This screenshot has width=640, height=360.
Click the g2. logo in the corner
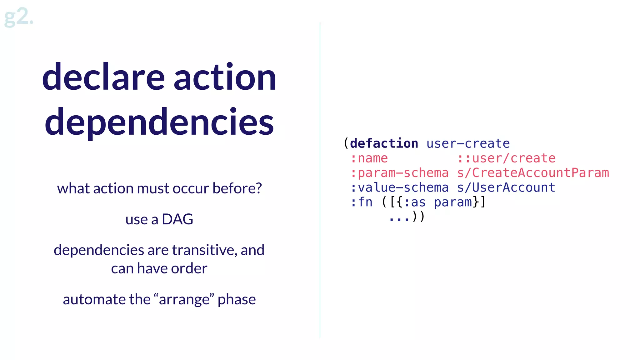click(18, 17)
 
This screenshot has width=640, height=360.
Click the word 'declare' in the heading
click(103, 77)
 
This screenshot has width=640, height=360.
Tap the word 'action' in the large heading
click(225, 77)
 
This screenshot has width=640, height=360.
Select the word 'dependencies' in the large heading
click(159, 122)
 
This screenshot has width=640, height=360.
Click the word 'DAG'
click(177, 219)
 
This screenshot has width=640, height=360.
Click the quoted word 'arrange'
click(184, 299)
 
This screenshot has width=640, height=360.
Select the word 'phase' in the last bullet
click(237, 299)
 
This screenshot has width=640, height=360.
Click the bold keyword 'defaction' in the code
click(384, 143)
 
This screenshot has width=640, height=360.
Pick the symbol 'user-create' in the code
click(468, 143)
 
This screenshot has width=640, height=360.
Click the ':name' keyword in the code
click(369, 158)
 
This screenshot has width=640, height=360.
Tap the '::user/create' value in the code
click(506, 158)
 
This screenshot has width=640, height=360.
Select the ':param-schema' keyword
click(399, 173)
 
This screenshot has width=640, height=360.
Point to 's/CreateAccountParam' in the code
click(533, 173)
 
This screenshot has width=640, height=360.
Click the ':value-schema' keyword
click(399, 187)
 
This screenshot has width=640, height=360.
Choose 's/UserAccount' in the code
click(506, 187)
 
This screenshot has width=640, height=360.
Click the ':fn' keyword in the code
click(362, 202)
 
